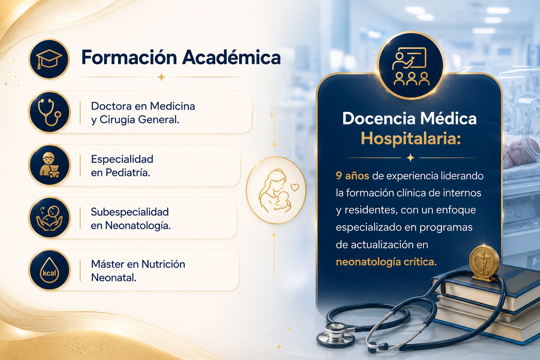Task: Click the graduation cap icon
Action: (x=49, y=59)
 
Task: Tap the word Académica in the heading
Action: (x=231, y=57)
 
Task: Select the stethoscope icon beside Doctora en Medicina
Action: (x=50, y=112)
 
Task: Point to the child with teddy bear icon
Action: (x=50, y=165)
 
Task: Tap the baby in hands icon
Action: (x=50, y=218)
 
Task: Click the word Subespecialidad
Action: (x=130, y=212)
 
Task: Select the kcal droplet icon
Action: (x=50, y=270)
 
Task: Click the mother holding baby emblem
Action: (x=276, y=190)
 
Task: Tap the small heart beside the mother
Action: (x=295, y=187)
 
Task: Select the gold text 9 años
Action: (x=353, y=176)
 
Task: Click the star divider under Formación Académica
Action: (x=161, y=77)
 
